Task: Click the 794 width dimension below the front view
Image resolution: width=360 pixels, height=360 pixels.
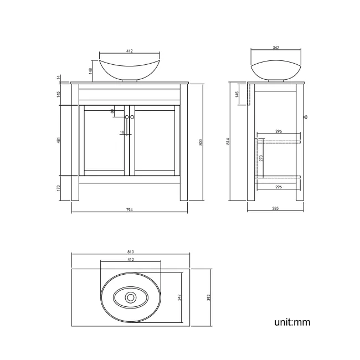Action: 130,209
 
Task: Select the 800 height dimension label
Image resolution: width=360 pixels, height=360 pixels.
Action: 201,142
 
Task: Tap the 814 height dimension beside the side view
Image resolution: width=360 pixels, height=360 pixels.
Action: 228,142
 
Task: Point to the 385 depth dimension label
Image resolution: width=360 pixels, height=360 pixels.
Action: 275,209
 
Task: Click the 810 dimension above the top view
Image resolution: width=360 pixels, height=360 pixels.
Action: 130,252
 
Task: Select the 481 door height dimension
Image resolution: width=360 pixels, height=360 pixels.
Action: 58,141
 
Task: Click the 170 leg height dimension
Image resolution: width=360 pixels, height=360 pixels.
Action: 58,188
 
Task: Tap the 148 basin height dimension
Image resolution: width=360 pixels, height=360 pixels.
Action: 89,70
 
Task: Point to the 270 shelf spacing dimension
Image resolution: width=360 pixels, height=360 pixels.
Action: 261,158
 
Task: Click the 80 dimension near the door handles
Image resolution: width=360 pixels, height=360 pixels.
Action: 112,111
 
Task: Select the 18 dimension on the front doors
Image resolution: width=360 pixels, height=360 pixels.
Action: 122,132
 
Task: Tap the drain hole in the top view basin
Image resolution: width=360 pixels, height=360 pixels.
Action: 131,297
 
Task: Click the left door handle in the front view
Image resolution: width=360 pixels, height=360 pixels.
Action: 127,117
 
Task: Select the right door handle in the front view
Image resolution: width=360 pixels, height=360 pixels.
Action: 133,117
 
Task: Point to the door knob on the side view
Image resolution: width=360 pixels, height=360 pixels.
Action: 306,117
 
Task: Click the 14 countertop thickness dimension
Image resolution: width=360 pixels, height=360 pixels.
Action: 58,76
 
